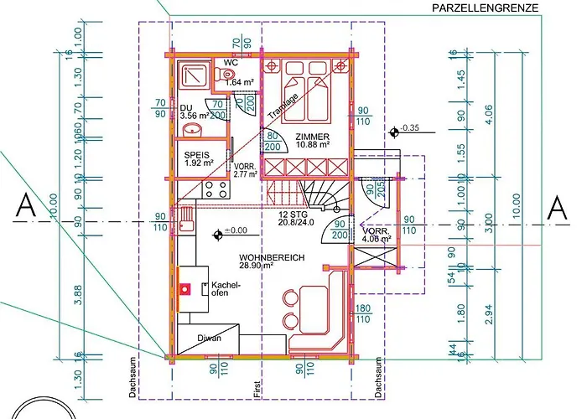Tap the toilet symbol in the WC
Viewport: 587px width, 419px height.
(228, 75)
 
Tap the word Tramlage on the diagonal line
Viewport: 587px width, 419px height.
(283, 107)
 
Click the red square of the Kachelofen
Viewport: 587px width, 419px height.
(187, 289)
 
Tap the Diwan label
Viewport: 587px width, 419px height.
(209, 338)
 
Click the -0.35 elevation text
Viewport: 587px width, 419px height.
(409, 128)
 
